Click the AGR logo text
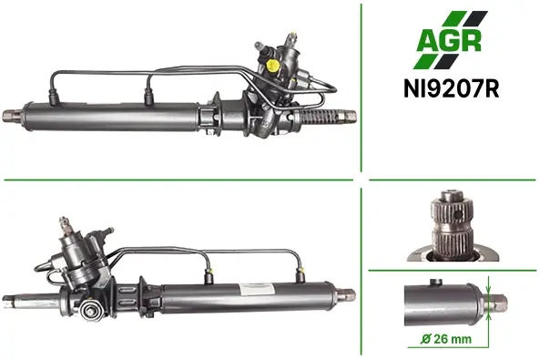point(449,41)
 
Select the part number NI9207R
point(451,89)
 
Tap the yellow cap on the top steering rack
point(272,65)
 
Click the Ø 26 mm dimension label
point(446,339)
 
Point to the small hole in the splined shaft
point(458,215)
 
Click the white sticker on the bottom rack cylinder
point(257,289)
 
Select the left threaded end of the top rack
point(13,116)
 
